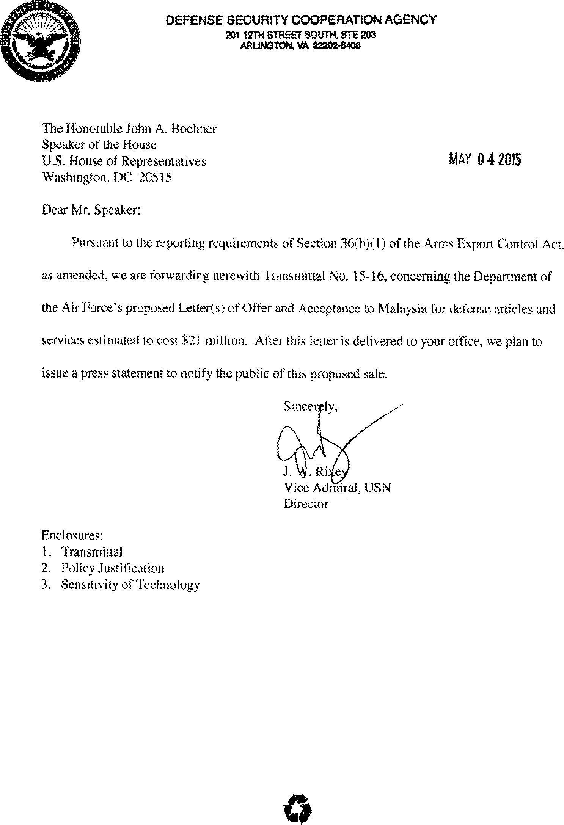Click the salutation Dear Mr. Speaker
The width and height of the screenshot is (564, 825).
[91, 210]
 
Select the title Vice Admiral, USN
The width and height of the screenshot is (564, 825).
[337, 488]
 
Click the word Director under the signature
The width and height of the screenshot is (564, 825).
[306, 504]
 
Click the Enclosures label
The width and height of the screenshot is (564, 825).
[72, 535]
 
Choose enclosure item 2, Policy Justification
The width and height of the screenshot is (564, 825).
[113, 568]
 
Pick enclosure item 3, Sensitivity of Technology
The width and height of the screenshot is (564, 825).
[130, 585]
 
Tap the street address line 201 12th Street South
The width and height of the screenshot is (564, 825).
[301, 35]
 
